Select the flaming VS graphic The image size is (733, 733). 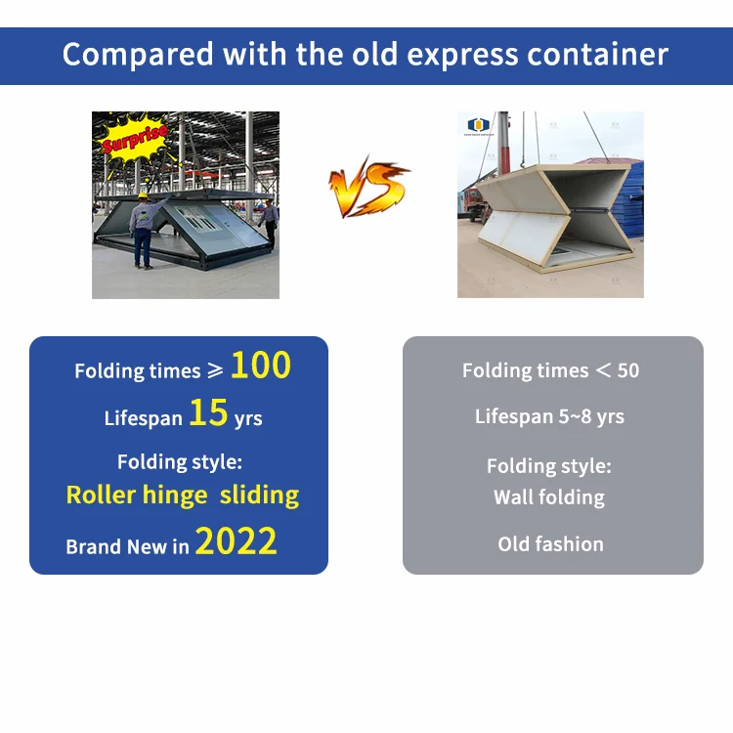coord(368,188)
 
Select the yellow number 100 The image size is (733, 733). coord(261,366)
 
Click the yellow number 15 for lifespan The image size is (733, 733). coord(208,413)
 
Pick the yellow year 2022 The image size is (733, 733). coord(236,540)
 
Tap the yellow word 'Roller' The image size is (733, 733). coord(101,495)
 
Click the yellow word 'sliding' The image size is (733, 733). coord(259,495)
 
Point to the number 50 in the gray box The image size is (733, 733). coord(628,371)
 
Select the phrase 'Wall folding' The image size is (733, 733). coord(549,496)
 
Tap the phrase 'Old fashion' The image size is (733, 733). coord(550,544)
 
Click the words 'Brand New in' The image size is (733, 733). coord(127,546)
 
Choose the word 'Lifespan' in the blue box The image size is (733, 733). coord(144,418)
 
